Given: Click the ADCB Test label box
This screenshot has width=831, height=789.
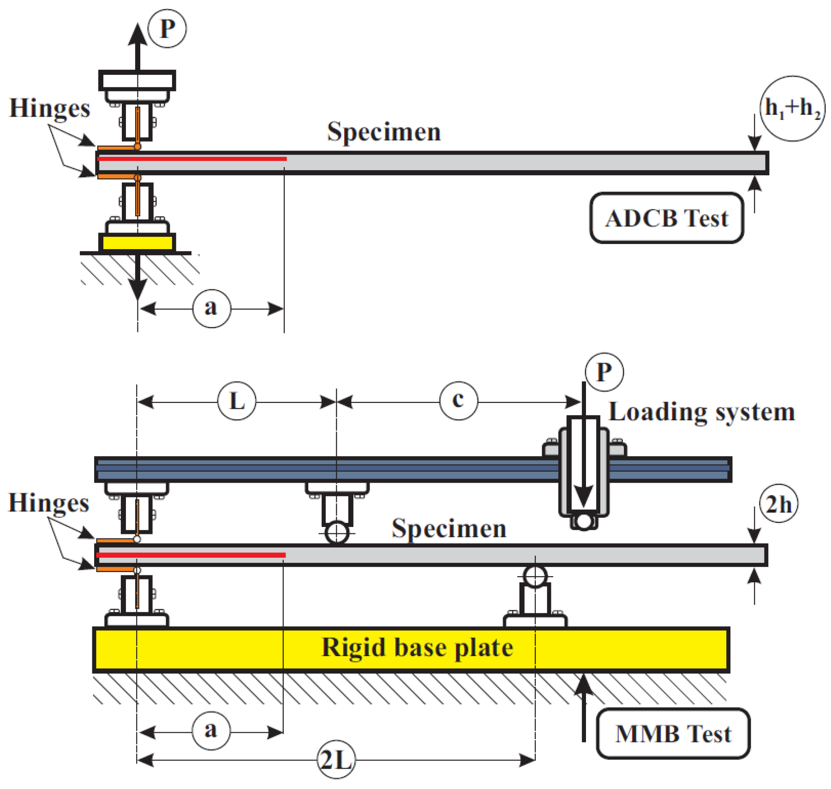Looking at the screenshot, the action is point(666,218).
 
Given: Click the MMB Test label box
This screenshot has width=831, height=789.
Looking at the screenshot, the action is point(673,733).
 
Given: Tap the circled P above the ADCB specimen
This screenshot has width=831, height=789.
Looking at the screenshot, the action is point(167,29).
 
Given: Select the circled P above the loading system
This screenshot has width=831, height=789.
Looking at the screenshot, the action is point(604,372).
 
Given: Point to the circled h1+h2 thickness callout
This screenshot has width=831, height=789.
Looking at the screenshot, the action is point(792,108).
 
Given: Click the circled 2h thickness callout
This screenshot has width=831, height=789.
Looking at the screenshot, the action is point(779,504).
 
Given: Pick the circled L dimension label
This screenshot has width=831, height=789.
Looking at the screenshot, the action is point(237,400).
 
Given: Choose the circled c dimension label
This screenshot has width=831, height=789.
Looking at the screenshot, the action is point(459,400).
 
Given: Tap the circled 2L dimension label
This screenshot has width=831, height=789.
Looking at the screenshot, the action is point(336,760).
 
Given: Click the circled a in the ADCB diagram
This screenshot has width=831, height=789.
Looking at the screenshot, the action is point(211,308).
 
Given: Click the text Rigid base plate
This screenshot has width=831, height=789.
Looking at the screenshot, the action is point(417,648).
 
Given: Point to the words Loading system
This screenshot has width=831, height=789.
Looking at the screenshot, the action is point(702,412).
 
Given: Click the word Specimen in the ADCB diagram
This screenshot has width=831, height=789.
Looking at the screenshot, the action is point(384,132).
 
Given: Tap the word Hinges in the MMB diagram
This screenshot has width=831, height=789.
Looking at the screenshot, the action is point(49,503).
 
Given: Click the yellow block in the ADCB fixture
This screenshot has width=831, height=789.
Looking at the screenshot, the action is point(137,243).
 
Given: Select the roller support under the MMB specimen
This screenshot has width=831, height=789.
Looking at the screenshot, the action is point(535,576).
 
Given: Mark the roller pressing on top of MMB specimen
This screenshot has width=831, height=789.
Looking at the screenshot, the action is point(337,533).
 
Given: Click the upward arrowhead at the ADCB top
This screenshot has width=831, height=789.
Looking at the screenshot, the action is point(138,34).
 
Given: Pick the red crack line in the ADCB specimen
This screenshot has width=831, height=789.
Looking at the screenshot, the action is point(192,159).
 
